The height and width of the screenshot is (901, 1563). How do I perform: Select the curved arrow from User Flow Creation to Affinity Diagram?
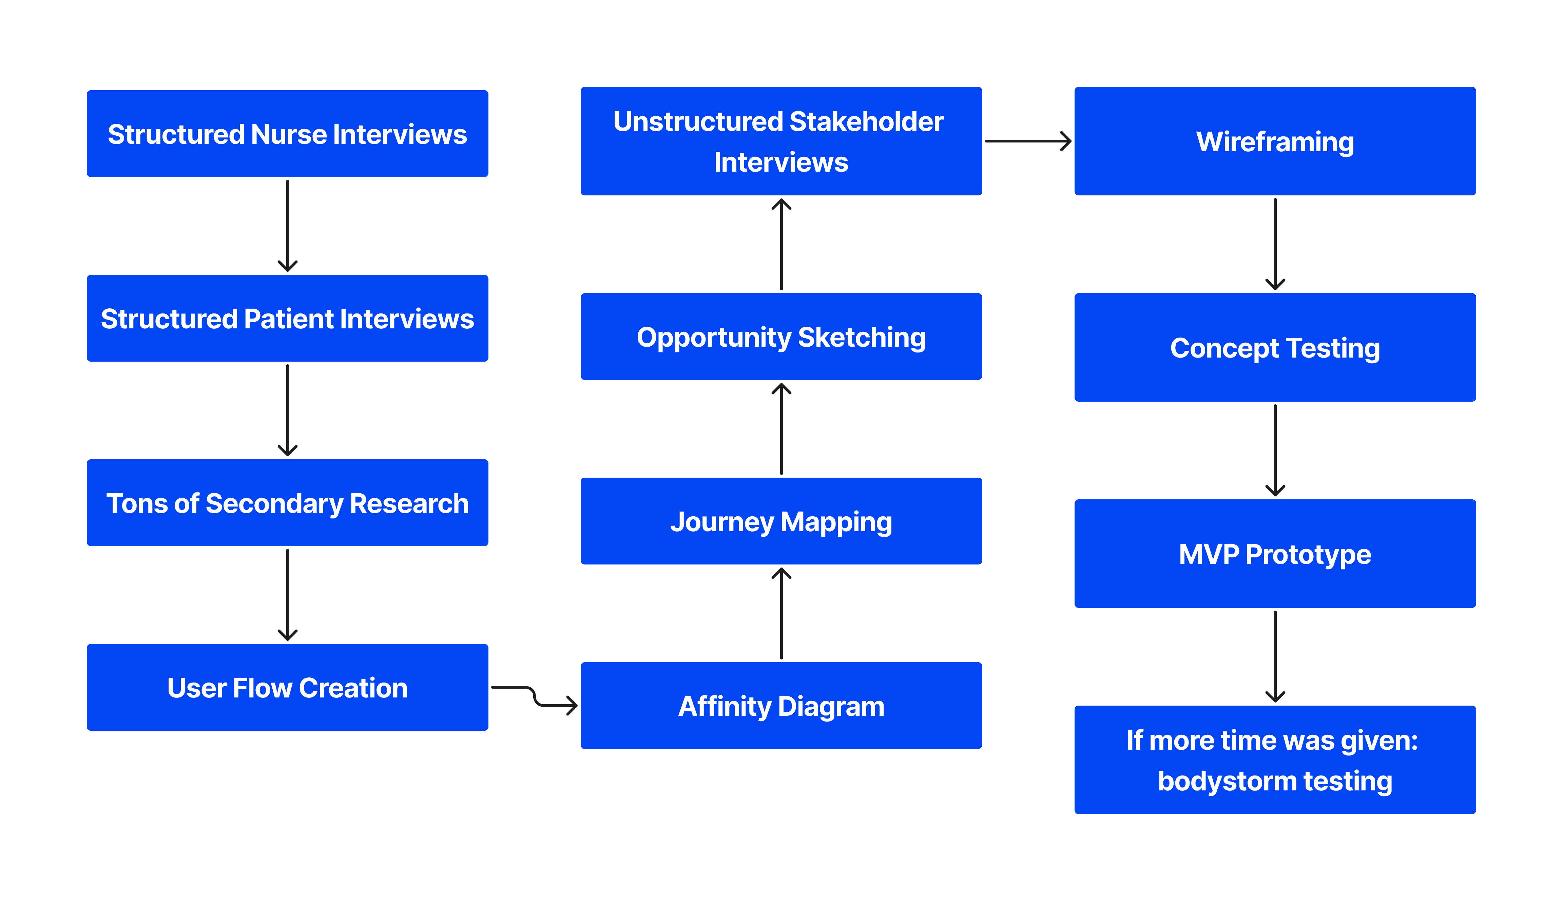click(535, 696)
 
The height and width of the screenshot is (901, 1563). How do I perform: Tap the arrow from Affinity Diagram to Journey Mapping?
click(781, 613)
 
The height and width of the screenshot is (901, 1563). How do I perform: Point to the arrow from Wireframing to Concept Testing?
click(1275, 244)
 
